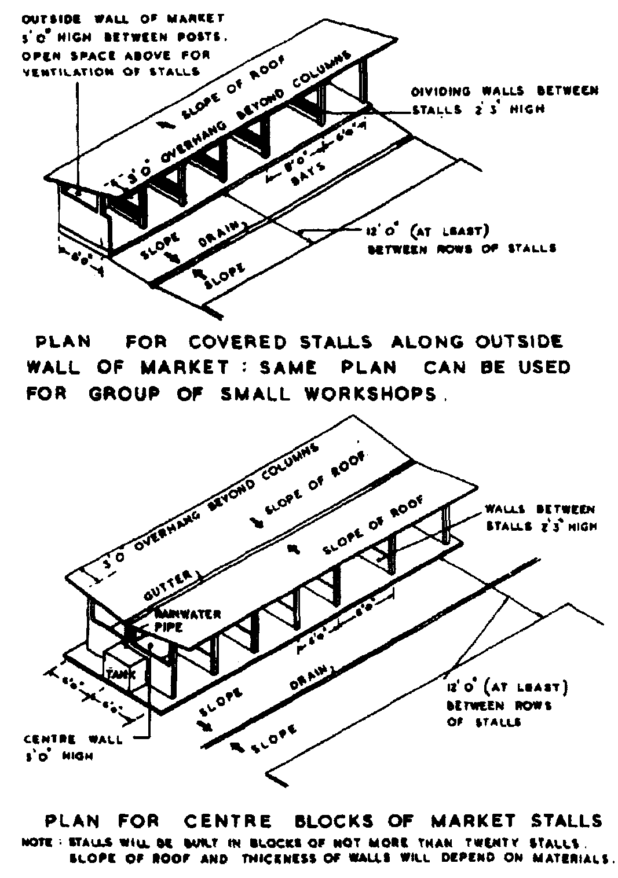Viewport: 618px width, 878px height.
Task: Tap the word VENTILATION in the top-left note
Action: point(68,72)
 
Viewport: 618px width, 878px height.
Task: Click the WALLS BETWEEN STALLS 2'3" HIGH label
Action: point(540,518)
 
